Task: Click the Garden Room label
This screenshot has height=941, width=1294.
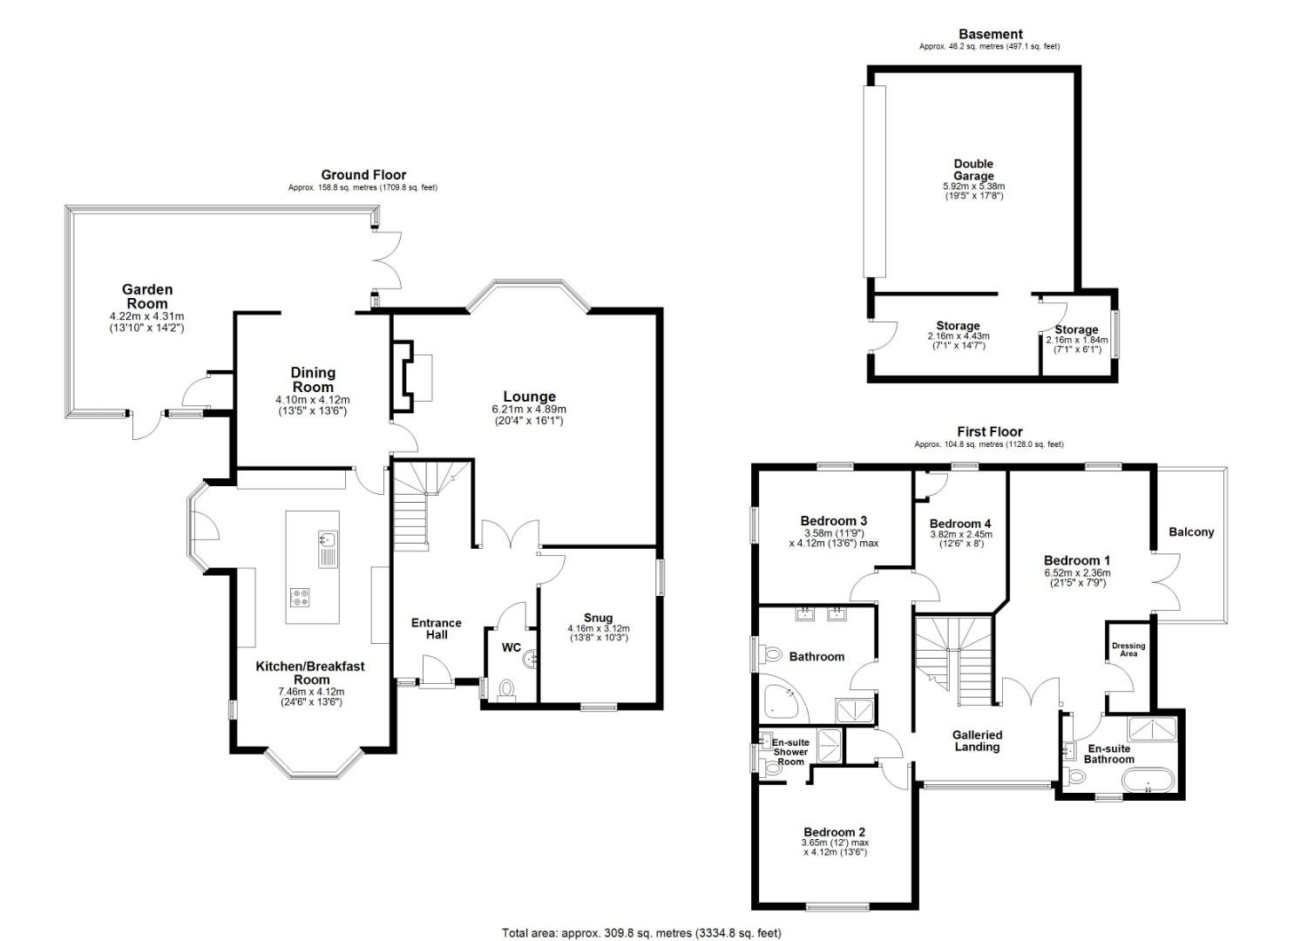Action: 146,296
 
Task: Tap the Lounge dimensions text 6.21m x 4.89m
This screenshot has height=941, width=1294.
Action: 528,410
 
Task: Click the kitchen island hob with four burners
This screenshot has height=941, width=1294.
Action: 301,597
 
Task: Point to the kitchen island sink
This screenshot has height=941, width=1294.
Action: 328,546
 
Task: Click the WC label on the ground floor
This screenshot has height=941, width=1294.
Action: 512,647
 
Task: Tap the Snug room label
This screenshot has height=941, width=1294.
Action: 598,619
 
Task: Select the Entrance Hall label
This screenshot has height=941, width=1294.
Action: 436,628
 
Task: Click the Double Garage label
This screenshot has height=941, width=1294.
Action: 972,169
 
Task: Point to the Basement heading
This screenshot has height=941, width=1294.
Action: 989,35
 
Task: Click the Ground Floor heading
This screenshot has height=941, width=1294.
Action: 363,175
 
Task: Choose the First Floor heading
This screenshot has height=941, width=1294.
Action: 989,431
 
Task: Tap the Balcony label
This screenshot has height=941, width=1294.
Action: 1190,532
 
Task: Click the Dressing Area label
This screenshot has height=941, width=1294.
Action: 1128,649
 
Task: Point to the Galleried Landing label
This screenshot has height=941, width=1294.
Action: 977,741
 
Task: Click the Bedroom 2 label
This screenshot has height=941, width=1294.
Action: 835,832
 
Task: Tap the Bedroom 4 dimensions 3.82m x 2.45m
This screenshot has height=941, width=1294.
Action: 960,535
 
